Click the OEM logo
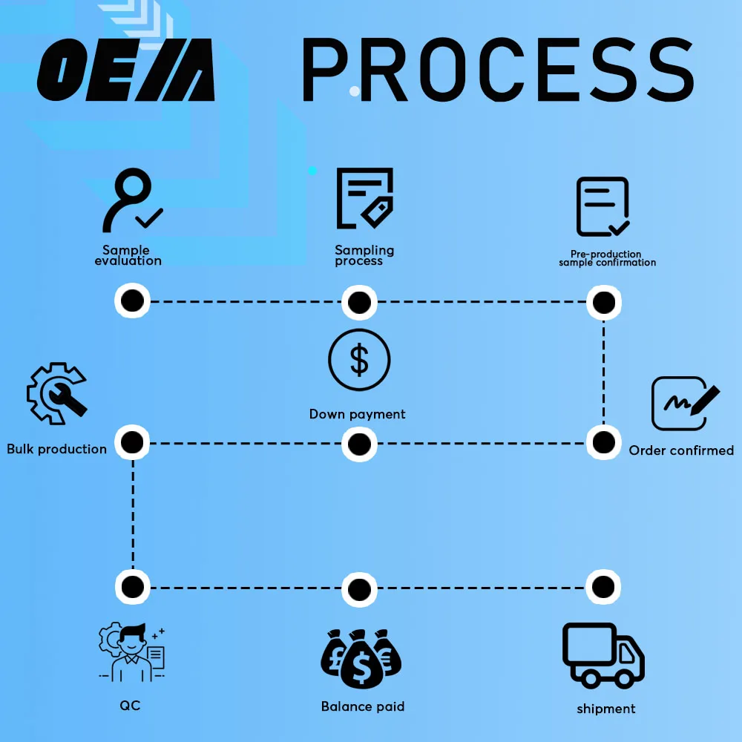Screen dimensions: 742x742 pos(126,71)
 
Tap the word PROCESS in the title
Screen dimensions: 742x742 pos(497,70)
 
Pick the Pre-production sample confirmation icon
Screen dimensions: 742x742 pos(603,207)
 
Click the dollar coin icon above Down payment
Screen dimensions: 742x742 pos(359,360)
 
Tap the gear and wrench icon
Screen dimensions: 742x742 pos(56,393)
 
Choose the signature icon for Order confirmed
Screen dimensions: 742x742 pos(685,403)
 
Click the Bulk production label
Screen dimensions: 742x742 pos(57,449)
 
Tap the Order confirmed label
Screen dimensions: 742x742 pos(681,450)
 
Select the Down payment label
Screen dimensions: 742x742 pos(358,414)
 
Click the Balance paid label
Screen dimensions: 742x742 pos(363,706)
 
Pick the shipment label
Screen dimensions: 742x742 pos(606,709)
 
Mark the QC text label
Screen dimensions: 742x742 pos(130,705)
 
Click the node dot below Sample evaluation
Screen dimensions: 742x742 pos(132,301)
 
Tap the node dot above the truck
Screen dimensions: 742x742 pos(603,588)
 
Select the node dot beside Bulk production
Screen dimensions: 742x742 pos(132,443)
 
